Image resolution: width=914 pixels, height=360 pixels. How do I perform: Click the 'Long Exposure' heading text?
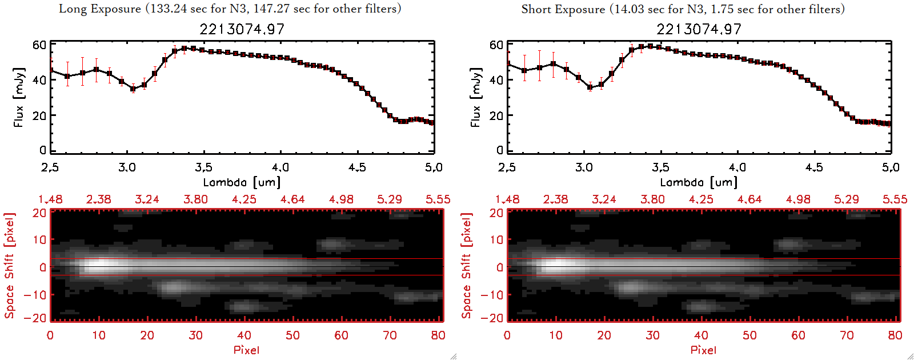coord(100,9)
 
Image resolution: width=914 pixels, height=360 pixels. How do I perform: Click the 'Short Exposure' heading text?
coord(563,9)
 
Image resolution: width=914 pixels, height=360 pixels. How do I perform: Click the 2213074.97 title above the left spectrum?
coord(242,29)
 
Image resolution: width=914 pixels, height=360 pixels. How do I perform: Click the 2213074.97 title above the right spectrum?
coord(699,29)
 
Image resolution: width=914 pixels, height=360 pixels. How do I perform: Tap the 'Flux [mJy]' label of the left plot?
coord(19,97)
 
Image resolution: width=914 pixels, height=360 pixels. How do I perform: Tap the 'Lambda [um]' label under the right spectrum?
coord(699,182)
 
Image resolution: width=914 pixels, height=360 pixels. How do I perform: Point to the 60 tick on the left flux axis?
coord(39,45)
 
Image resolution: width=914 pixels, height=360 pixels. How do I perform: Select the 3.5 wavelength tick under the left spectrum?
coord(203,167)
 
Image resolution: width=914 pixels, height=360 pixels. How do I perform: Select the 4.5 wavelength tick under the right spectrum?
coord(814,167)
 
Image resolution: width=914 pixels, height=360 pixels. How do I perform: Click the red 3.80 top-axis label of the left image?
coord(195,199)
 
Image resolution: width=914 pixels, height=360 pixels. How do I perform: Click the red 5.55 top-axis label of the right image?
coord(895,199)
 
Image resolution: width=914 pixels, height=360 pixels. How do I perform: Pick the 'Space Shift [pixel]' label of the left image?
coord(9,266)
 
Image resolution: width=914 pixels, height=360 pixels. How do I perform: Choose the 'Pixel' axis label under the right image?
coord(703,350)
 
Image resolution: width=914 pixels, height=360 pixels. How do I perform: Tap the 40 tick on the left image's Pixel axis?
coord(244,335)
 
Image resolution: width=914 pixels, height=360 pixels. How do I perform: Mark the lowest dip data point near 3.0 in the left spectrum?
coord(133,89)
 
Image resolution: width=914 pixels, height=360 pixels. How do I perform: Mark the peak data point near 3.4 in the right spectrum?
coord(650,46)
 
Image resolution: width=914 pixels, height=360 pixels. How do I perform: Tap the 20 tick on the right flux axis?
coord(496,116)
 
